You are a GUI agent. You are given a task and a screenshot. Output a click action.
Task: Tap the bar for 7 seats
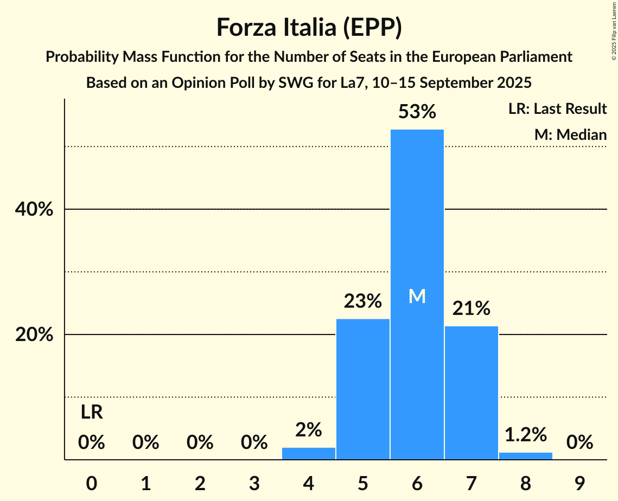pyautogui.click(x=471, y=393)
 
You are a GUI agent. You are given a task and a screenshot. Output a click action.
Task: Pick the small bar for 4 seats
pyautogui.click(x=309, y=454)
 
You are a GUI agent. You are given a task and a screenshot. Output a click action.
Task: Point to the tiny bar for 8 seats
pyautogui.click(x=525, y=456)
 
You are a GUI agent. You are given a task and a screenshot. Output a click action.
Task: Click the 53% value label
pyautogui.click(x=417, y=112)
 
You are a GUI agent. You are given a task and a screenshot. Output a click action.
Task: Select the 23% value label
pyautogui.click(x=363, y=301)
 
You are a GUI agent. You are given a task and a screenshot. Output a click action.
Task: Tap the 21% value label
pyautogui.click(x=471, y=309)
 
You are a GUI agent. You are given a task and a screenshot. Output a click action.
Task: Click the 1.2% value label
pyautogui.click(x=525, y=434)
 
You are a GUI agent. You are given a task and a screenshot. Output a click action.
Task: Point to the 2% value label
pyautogui.click(x=309, y=430)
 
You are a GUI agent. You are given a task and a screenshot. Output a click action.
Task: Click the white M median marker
pyautogui.click(x=417, y=296)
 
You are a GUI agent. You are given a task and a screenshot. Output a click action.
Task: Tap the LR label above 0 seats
pyautogui.click(x=92, y=413)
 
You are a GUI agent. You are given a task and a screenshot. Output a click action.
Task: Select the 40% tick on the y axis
pyautogui.click(x=34, y=209)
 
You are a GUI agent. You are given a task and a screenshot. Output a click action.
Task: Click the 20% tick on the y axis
pyautogui.click(x=34, y=335)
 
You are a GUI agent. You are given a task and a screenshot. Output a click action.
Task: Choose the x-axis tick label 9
pyautogui.click(x=579, y=481)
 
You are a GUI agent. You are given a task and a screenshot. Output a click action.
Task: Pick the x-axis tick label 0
pyautogui.click(x=92, y=481)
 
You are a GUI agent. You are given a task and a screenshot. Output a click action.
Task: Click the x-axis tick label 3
pyautogui.click(x=254, y=481)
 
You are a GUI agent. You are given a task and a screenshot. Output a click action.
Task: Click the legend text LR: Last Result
pyautogui.click(x=557, y=109)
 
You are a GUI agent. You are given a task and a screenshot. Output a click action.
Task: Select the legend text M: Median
pyautogui.click(x=570, y=134)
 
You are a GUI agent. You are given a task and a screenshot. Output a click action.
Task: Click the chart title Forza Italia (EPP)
pyautogui.click(x=309, y=28)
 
